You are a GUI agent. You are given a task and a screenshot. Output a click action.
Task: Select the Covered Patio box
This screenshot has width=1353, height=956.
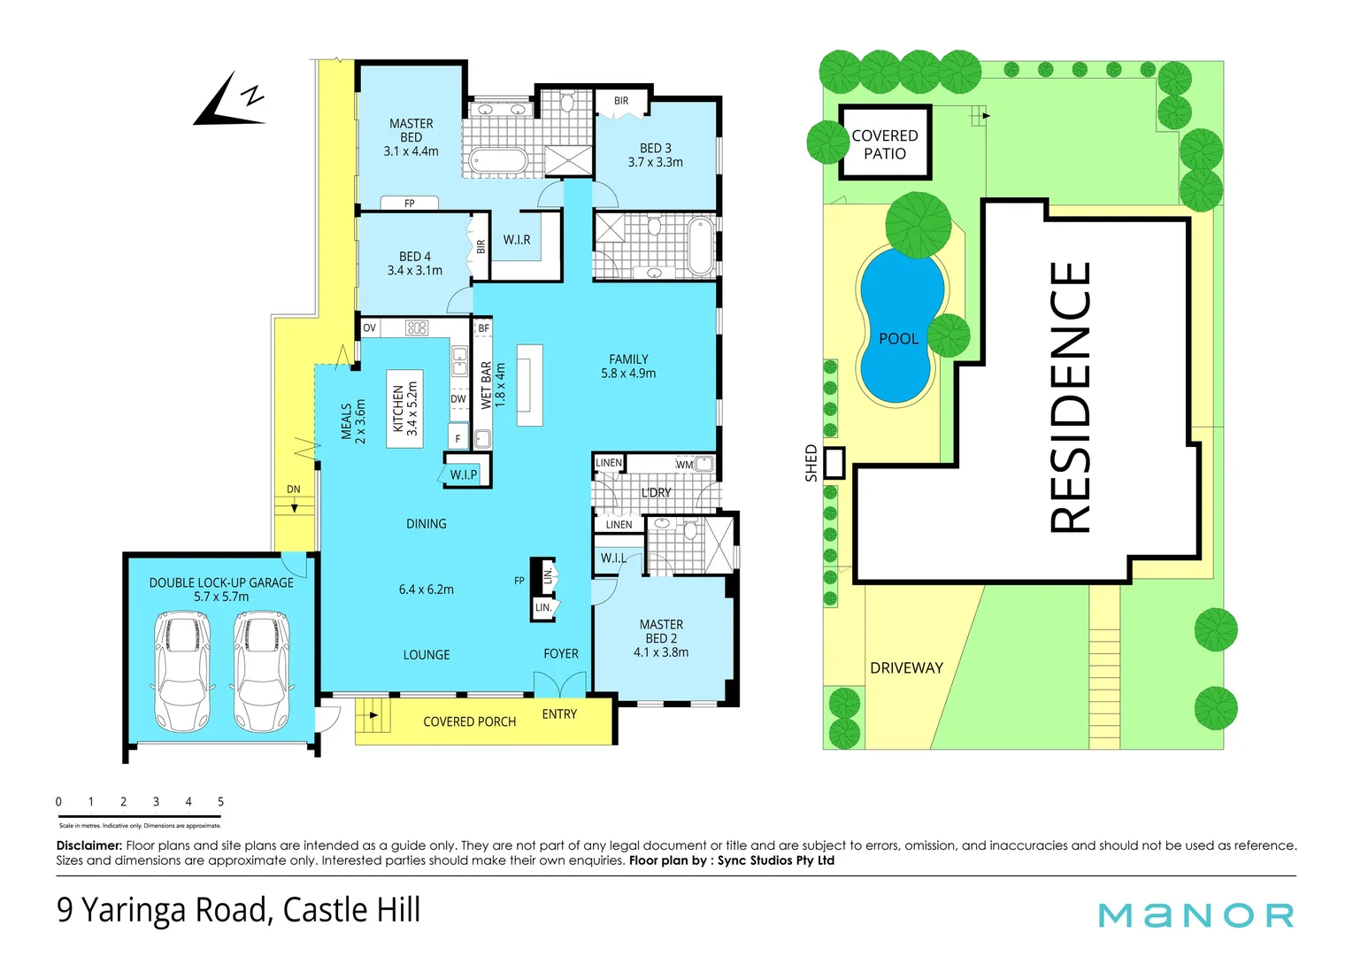(x=885, y=143)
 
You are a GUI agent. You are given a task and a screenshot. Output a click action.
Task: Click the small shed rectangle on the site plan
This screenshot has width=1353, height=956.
(x=834, y=463)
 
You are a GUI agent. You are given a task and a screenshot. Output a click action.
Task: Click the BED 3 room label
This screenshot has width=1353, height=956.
(x=655, y=155)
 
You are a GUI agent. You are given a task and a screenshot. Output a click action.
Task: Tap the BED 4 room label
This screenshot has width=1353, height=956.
(x=414, y=263)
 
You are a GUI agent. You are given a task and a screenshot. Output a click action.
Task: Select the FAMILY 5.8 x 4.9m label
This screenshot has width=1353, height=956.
(x=628, y=366)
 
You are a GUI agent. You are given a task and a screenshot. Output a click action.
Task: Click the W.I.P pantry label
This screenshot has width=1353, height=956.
(x=464, y=474)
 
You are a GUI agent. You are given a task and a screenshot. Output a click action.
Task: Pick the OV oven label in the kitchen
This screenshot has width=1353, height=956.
(x=369, y=328)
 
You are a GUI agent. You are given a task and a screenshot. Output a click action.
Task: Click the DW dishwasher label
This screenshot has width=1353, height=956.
(x=458, y=399)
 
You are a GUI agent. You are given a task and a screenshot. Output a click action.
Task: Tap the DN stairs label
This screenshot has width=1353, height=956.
(x=293, y=490)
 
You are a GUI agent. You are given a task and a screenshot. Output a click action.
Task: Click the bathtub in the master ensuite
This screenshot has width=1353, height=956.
(x=497, y=161)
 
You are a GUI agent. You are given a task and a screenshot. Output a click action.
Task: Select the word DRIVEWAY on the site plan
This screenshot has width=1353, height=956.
(x=906, y=668)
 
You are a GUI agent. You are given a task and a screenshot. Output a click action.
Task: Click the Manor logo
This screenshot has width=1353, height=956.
(x=1195, y=915)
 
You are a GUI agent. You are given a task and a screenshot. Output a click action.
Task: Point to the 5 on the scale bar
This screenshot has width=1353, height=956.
(x=220, y=802)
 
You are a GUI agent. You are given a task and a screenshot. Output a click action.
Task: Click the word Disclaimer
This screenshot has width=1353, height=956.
(x=88, y=846)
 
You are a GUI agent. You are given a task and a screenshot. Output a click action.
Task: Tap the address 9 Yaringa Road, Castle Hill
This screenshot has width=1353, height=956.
(x=239, y=910)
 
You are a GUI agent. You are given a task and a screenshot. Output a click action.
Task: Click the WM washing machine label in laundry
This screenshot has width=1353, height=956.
(x=684, y=464)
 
